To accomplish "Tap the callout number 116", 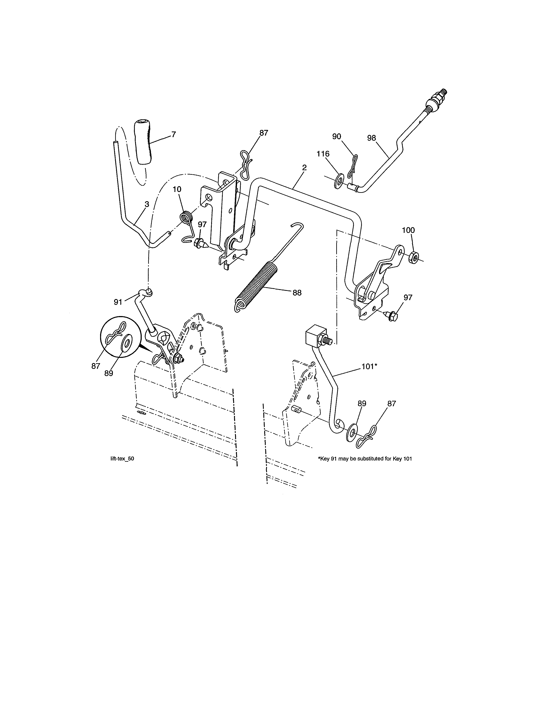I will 323,154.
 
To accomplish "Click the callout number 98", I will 371,138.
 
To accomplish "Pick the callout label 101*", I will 369,366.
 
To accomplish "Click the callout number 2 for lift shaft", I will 304,168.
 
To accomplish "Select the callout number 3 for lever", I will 147,204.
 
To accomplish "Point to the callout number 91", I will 118,302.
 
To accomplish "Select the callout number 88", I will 297,293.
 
